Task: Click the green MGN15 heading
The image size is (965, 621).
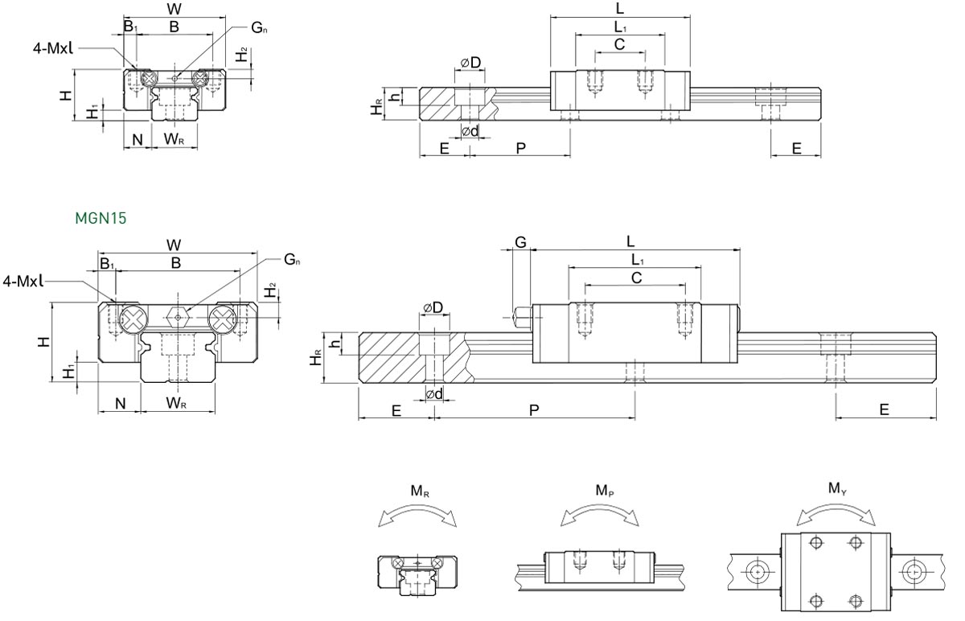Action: [101, 217]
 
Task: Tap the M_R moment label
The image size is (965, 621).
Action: [419, 491]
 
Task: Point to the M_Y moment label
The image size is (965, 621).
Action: [836, 487]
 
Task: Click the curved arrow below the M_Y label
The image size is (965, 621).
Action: [836, 507]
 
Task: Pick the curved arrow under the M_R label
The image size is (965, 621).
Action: [417, 512]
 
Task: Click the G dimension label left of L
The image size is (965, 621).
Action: [520, 241]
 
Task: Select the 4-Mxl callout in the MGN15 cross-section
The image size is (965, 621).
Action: [23, 281]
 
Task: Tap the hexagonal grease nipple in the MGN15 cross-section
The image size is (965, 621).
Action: [179, 317]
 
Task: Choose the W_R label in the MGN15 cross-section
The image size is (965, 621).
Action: [177, 402]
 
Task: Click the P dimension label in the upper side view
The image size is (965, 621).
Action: [520, 148]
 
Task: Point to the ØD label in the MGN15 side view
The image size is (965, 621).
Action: [433, 308]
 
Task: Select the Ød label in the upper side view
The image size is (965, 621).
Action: [470, 131]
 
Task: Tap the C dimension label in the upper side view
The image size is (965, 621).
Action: [619, 44]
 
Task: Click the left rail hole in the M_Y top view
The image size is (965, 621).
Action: [757, 572]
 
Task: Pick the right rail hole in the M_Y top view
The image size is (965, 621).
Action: [913, 572]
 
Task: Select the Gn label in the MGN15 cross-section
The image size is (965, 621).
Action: [292, 260]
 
